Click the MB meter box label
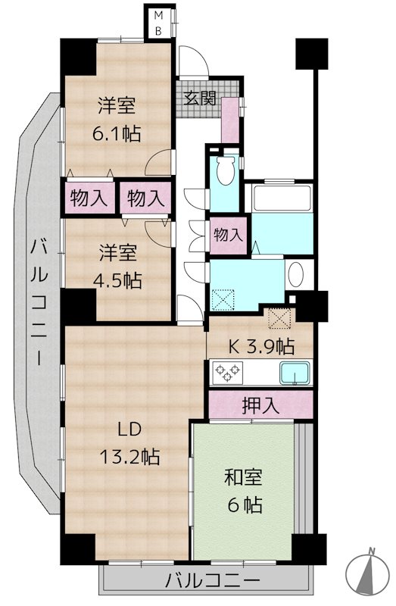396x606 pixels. pyautogui.click(x=159, y=21)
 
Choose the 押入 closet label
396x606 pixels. pyautogui.click(x=260, y=405)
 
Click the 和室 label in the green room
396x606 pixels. pyautogui.click(x=244, y=478)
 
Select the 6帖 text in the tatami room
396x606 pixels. pyautogui.click(x=244, y=504)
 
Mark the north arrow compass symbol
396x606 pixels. pyautogui.click(x=370, y=572)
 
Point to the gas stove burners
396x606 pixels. pyautogui.click(x=229, y=373)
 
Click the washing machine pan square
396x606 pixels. pyautogui.click(x=225, y=301)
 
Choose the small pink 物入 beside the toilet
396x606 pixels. pyautogui.click(x=228, y=235)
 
